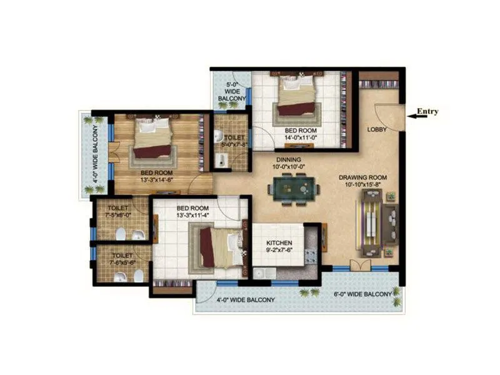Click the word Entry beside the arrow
pos(428,112)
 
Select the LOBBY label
pos(376,129)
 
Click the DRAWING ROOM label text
pos(363,177)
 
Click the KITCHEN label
pos(279,243)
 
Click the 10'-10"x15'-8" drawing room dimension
pos(363,186)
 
